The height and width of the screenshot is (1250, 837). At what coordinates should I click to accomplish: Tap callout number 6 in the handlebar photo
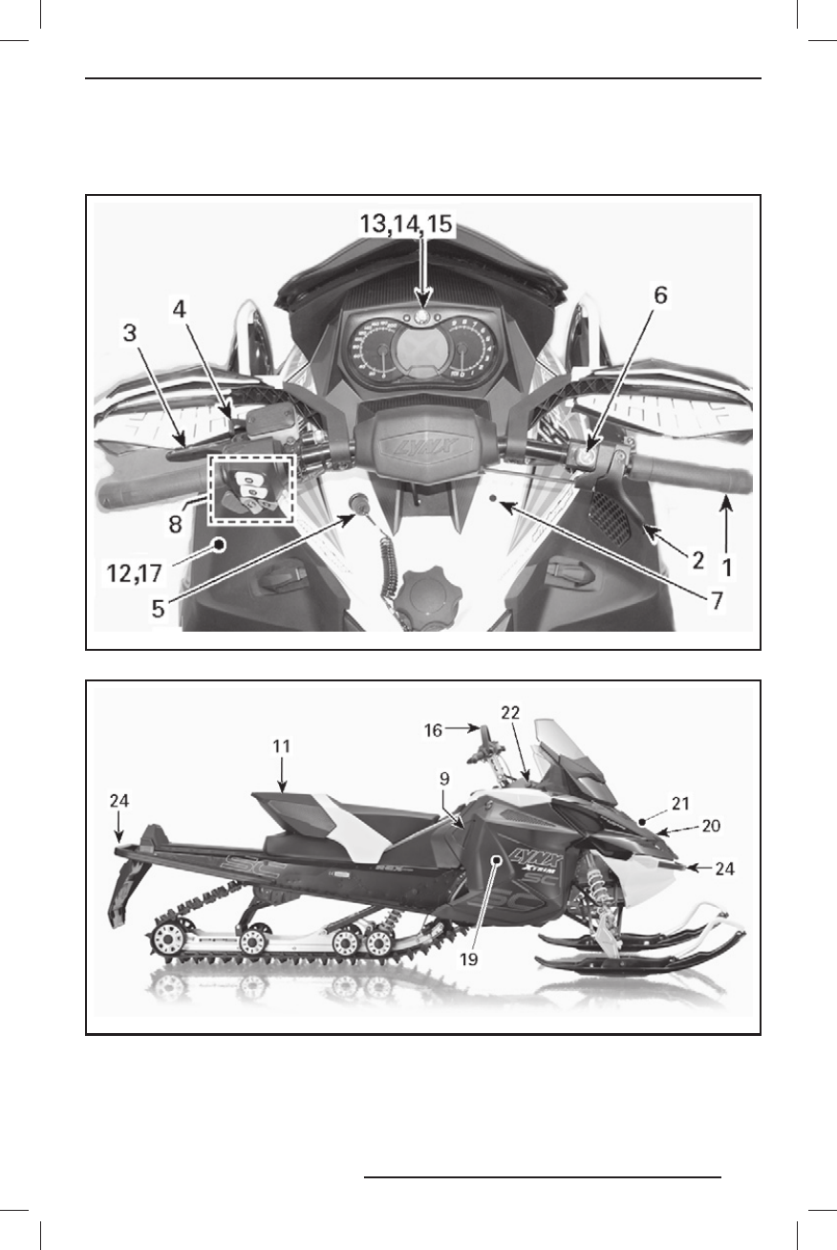658,297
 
